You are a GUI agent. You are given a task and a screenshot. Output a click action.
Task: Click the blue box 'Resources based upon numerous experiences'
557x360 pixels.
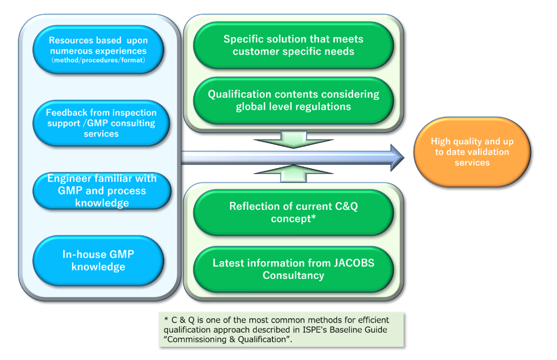98,50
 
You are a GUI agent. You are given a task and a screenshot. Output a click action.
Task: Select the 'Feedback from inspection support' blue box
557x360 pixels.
101,123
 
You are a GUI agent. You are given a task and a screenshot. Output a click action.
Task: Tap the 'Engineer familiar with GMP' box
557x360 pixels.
102,191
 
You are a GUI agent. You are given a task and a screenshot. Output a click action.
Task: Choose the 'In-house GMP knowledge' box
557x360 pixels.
98,260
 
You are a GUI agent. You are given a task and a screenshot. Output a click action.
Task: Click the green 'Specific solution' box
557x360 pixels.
294,45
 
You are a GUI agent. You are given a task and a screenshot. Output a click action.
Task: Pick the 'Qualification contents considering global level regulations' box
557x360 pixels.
294,101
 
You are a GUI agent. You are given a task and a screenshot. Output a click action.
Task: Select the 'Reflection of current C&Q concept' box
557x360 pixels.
294,212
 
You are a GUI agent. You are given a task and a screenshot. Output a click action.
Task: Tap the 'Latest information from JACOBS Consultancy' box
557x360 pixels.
294,269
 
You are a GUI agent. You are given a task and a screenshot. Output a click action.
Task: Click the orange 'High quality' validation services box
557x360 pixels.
472,152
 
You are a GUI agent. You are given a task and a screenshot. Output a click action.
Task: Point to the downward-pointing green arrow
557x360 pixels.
294,140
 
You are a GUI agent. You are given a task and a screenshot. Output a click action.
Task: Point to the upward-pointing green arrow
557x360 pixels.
294,174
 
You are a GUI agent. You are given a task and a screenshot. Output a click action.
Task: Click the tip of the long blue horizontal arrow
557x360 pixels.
404,158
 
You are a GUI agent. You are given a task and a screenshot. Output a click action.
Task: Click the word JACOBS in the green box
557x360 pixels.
354,263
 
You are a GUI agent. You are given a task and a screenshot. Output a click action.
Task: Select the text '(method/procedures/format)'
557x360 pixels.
98,61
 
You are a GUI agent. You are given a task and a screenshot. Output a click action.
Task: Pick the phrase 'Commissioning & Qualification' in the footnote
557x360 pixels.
227,339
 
